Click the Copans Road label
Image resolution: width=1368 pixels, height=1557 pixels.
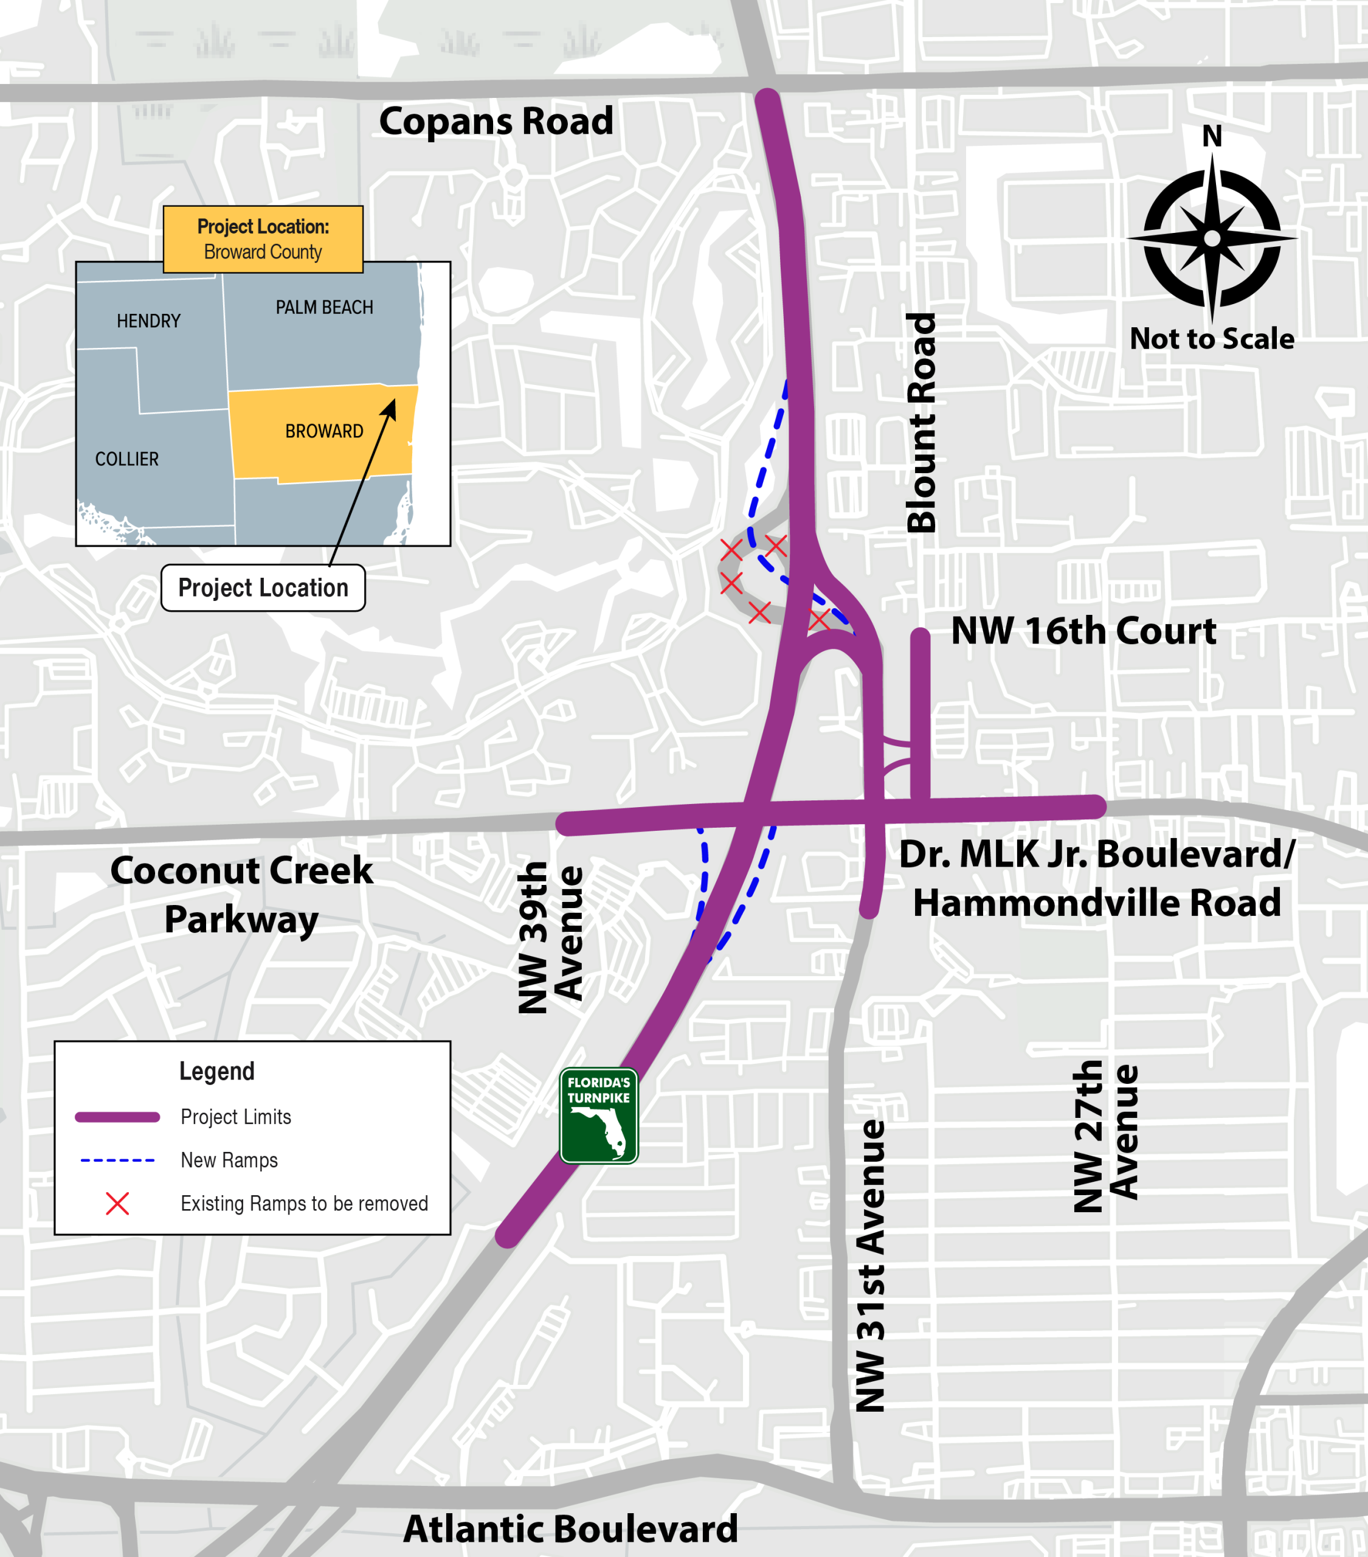pos(496,121)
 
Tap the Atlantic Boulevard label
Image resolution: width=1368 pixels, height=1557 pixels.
pos(570,1528)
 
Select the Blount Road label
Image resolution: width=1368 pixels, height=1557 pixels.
pos(922,423)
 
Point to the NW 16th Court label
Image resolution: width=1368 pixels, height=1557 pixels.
pos(1082,631)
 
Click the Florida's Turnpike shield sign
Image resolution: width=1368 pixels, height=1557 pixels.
pos(599,1115)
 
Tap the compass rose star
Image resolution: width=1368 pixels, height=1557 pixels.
pos(1212,238)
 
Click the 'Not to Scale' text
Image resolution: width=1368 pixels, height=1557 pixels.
pos(1211,338)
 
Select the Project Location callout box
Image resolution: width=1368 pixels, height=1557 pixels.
pos(263,588)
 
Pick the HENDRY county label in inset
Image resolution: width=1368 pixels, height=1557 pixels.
pos(148,321)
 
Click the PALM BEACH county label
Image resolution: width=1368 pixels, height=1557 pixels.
pos(325,307)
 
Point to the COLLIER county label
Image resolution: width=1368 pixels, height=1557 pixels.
pos(127,459)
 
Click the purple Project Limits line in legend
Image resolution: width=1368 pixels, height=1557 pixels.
pos(117,1117)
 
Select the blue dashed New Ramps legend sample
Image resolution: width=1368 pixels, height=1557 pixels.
pos(117,1160)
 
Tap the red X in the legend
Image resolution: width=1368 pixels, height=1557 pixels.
pos(117,1204)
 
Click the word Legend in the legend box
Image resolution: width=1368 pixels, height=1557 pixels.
pos(217,1071)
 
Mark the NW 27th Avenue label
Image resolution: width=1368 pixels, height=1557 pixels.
pos(1105,1135)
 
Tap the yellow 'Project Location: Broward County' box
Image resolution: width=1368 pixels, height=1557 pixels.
pos(263,239)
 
